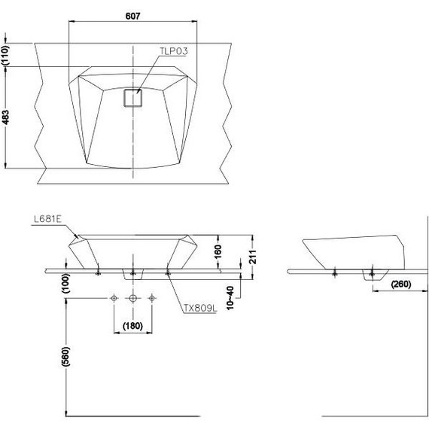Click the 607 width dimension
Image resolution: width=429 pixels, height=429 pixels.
132,16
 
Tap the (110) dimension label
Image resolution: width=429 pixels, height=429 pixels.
5,55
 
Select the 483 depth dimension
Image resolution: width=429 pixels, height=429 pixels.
5,117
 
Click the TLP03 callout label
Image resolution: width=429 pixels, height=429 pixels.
174,51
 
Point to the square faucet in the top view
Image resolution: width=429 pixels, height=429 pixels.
133,98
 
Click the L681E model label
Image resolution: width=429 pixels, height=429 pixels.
47,219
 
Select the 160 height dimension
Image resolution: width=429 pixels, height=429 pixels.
218,251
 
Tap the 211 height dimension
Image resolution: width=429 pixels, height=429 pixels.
253,257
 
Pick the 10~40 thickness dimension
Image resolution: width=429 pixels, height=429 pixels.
230,298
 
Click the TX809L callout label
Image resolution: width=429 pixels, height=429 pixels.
200,309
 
